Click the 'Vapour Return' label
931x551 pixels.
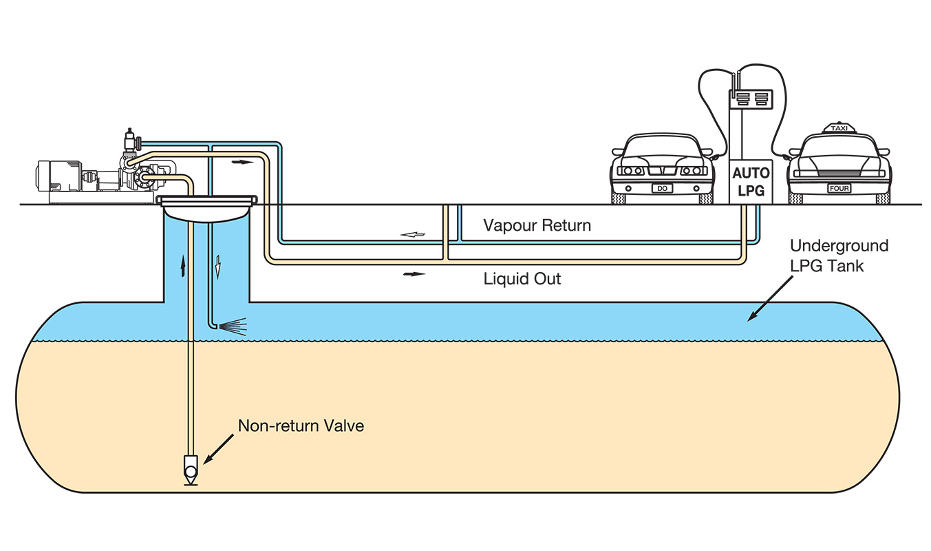[x=537, y=225]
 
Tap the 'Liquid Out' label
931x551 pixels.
[x=522, y=278]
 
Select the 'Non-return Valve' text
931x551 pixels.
[x=301, y=426]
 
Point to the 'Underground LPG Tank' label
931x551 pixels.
[x=839, y=256]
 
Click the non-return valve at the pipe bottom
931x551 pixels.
[x=191, y=470]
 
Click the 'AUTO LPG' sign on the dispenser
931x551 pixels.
[x=751, y=182]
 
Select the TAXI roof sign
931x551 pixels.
[x=839, y=128]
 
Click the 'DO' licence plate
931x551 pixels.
[x=662, y=189]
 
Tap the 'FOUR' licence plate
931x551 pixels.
[x=839, y=189]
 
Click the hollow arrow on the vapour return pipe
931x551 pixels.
[x=412, y=235]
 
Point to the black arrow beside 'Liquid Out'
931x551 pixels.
[x=414, y=274]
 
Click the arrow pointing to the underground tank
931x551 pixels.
[x=770, y=299]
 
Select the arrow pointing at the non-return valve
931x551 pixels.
[x=218, y=449]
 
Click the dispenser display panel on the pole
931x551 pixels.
[x=750, y=99]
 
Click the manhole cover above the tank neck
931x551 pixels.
[x=206, y=200]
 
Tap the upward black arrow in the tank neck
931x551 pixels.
[x=182, y=266]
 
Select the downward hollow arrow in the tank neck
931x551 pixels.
[x=217, y=267]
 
